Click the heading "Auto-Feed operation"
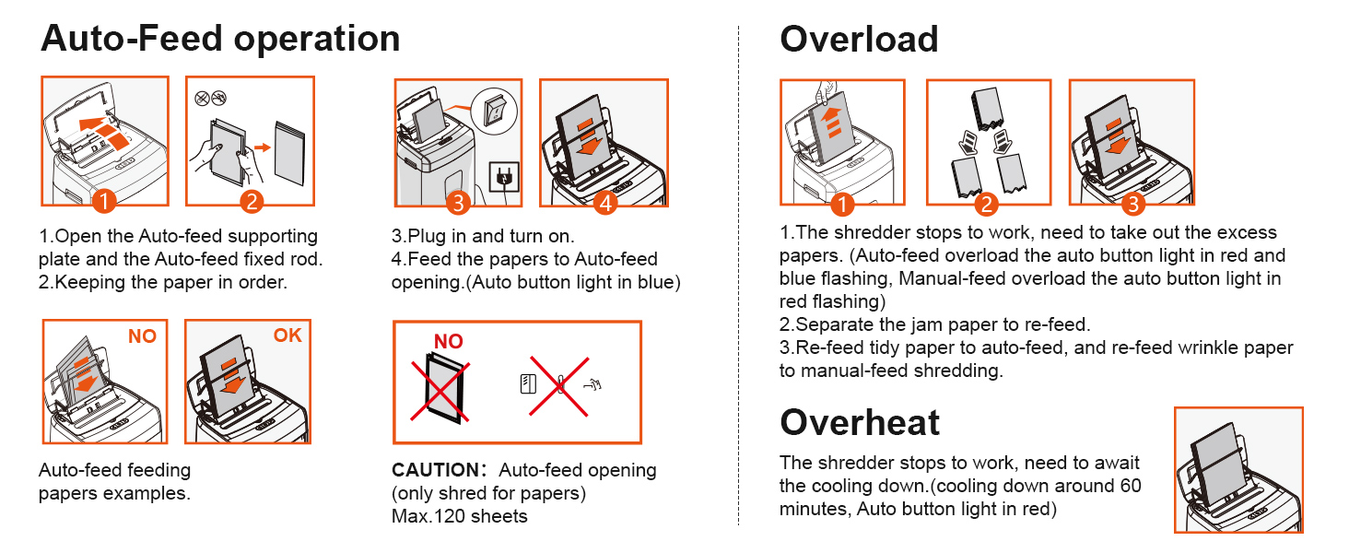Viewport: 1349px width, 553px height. tap(220, 39)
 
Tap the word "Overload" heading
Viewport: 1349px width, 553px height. tap(859, 39)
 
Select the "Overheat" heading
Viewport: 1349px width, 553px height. tap(860, 422)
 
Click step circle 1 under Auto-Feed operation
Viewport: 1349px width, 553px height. tap(105, 201)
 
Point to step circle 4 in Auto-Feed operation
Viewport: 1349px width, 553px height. tap(604, 202)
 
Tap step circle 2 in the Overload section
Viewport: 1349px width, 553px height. tap(986, 203)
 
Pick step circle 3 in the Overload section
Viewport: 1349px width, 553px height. tap(1132, 202)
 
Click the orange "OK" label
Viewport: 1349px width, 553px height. tap(287, 336)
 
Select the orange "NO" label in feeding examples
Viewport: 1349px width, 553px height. tap(142, 336)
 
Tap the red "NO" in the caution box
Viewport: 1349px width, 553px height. tap(449, 342)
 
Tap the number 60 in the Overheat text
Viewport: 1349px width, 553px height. tap(1130, 486)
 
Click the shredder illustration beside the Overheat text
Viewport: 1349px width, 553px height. tap(1238, 470)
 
